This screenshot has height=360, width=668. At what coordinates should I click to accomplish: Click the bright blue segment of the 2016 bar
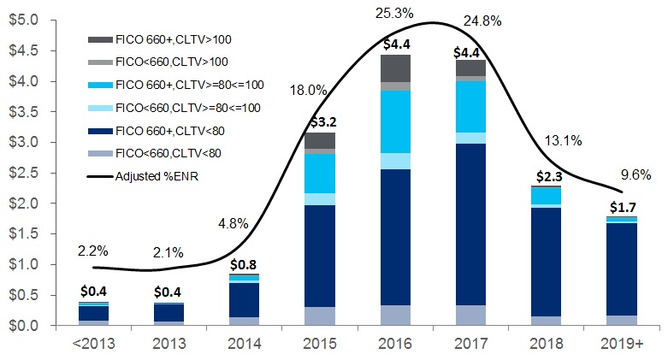(396, 121)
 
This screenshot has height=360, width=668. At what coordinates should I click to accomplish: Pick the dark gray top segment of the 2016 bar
(396, 68)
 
